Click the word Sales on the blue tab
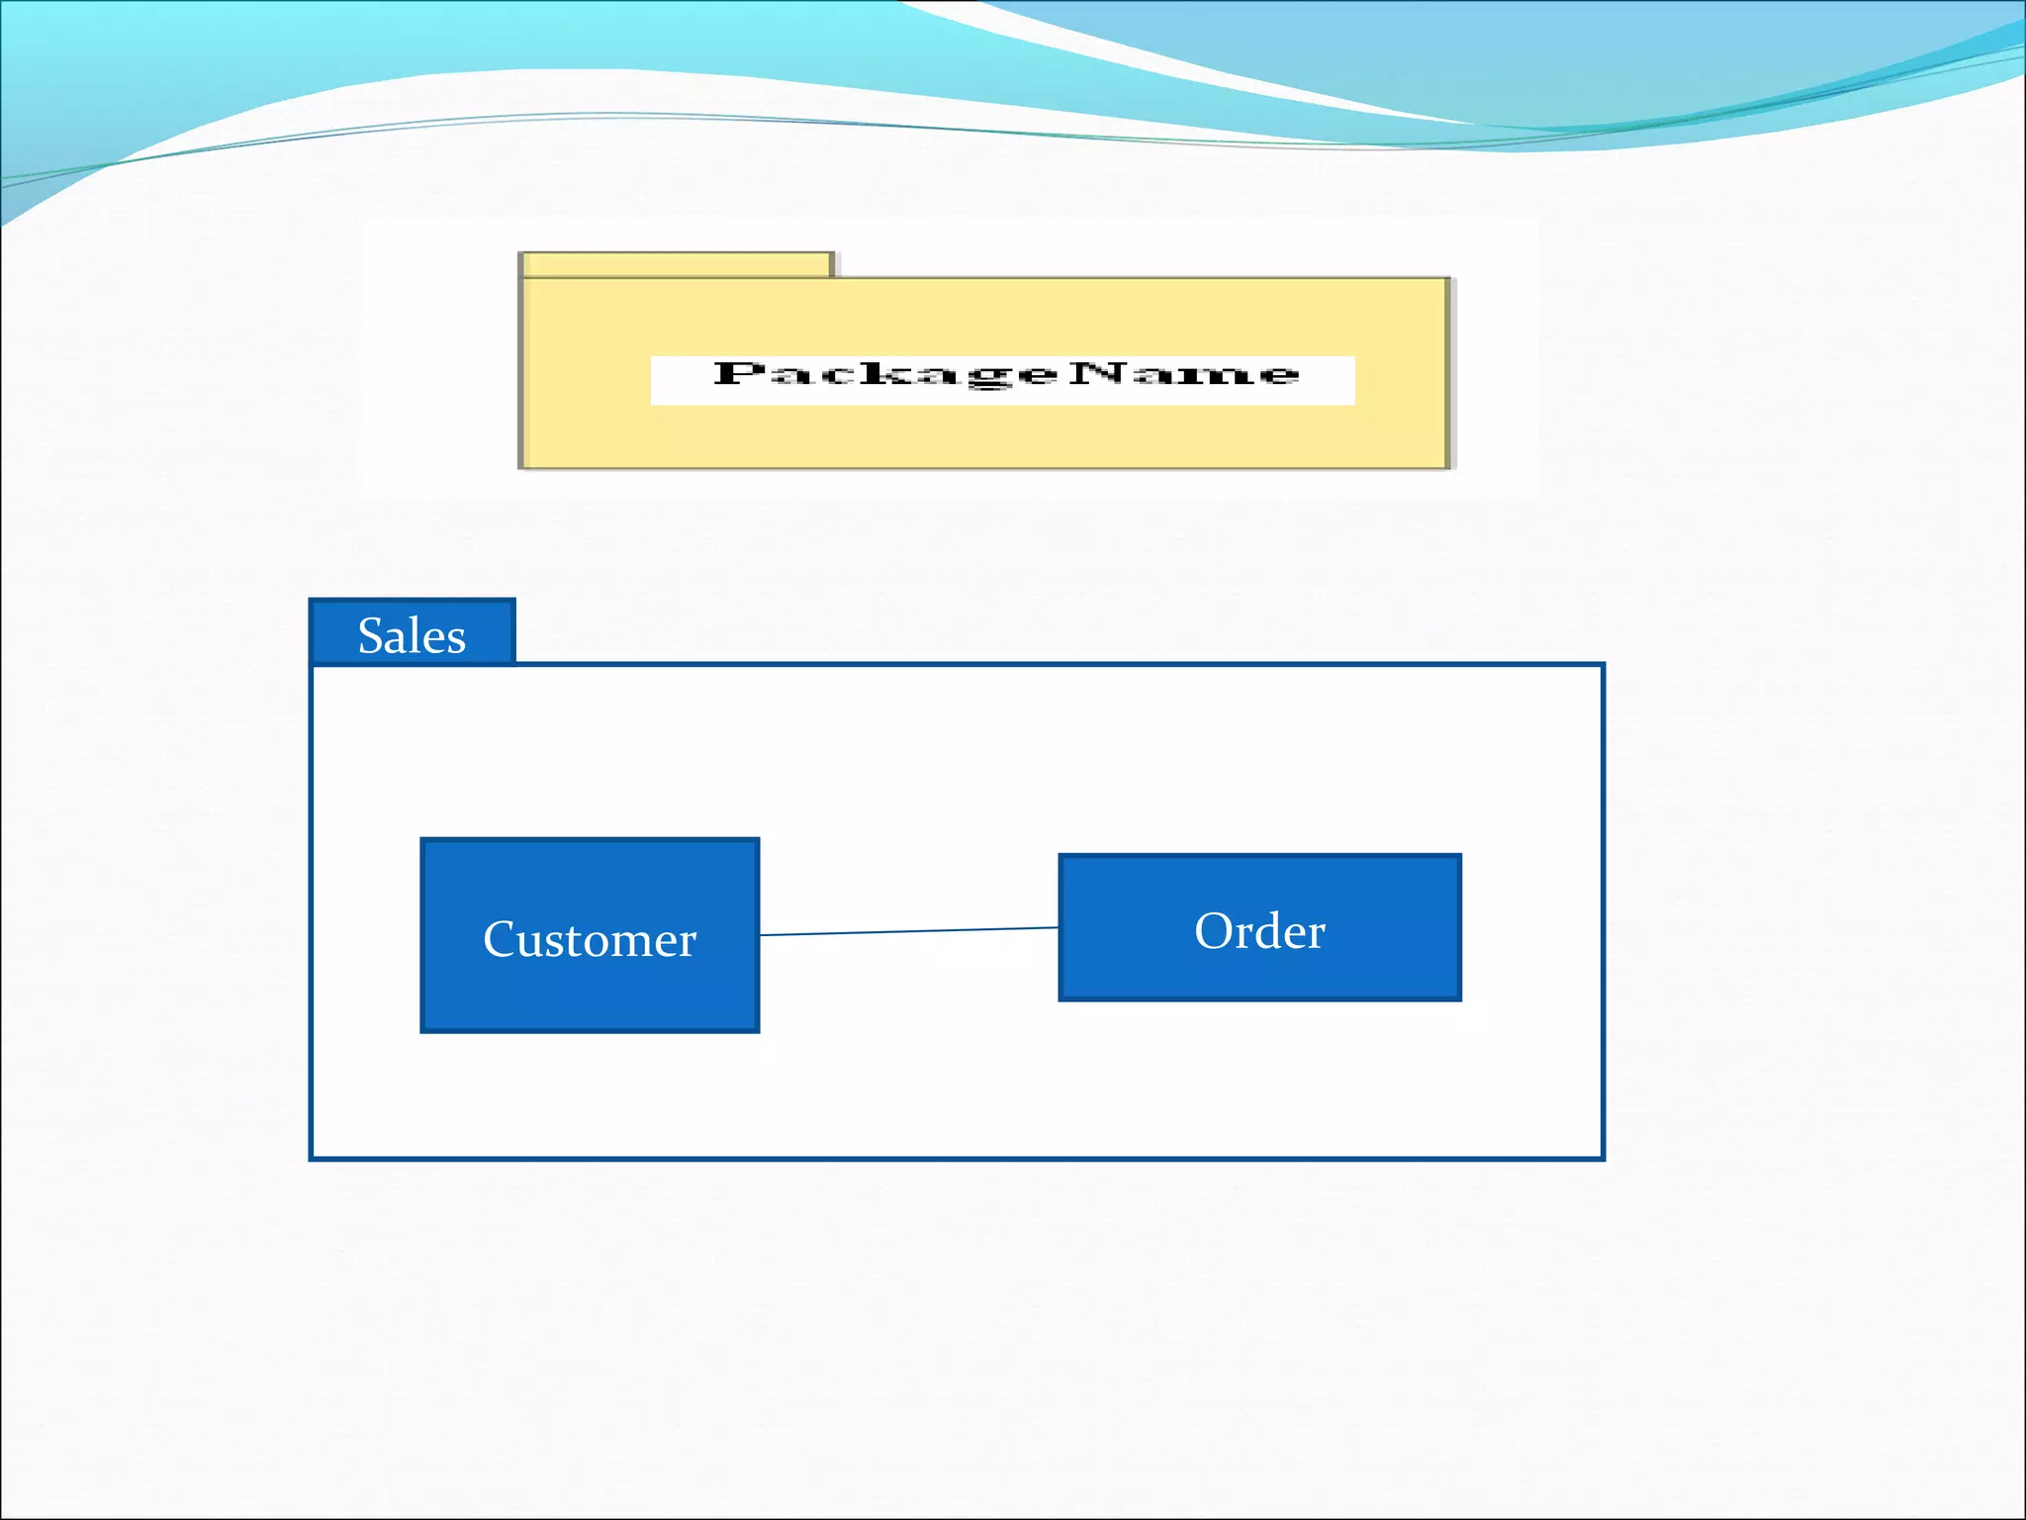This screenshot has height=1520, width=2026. point(412,635)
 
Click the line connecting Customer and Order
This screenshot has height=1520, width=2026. point(908,931)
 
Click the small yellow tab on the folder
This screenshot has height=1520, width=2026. point(677,264)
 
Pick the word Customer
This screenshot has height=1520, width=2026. point(590,939)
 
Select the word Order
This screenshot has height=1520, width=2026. point(1259,931)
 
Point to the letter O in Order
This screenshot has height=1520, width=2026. point(1212,931)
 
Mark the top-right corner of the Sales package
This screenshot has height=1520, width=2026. point(1603,665)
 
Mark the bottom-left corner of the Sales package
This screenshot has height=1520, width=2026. point(312,1158)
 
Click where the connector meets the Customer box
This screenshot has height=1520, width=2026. point(760,935)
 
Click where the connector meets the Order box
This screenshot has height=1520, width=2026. point(1059,927)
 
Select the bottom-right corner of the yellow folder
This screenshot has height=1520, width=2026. point(1449,467)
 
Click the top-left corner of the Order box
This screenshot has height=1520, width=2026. point(1060,856)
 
